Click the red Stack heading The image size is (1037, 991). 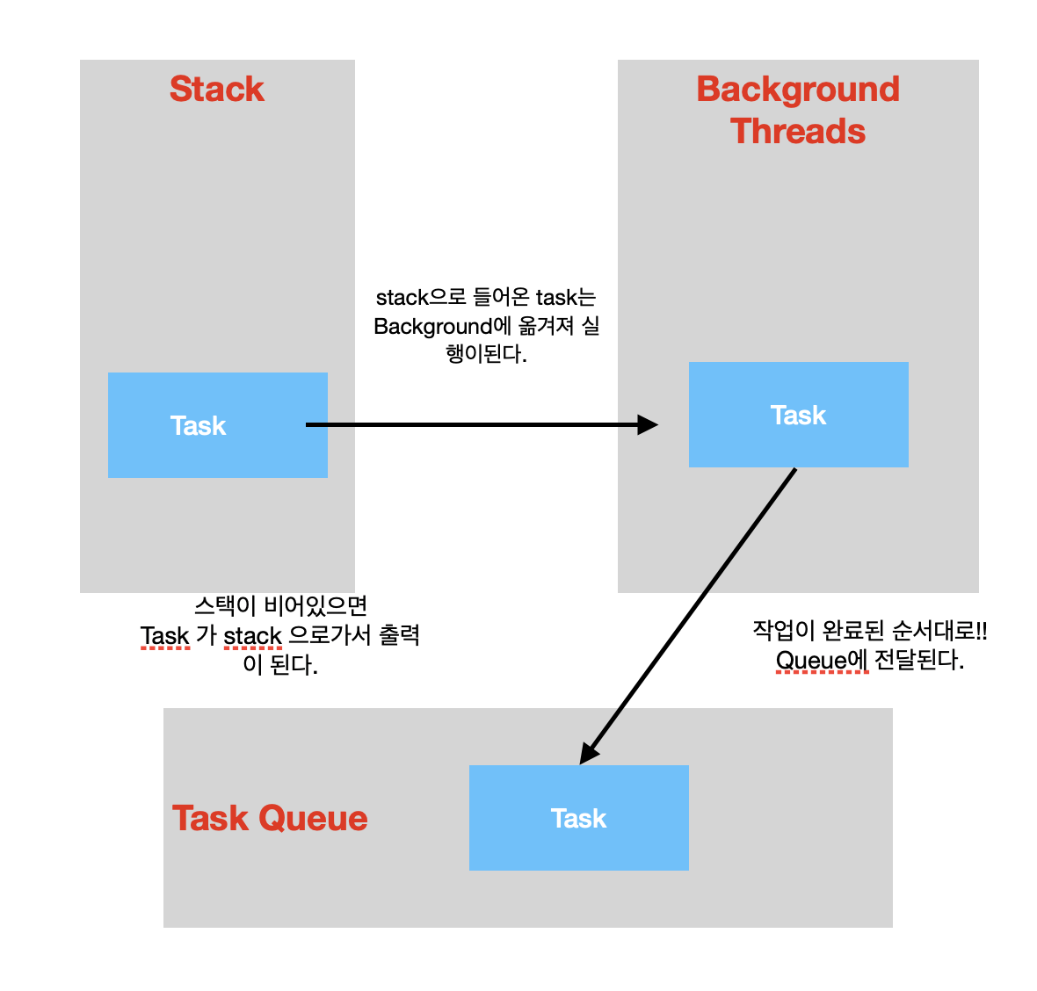(216, 90)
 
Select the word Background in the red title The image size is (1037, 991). (798, 90)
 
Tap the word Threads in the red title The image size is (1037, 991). (798, 132)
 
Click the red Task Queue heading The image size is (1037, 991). (270, 819)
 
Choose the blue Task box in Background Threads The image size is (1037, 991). (798, 415)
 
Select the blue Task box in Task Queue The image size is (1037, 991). (578, 818)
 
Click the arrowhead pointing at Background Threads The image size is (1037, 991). (648, 425)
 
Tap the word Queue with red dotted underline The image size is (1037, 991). (811, 660)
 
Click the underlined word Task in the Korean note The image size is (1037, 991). (164, 635)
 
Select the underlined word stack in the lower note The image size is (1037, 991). (252, 635)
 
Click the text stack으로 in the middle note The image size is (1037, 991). (421, 298)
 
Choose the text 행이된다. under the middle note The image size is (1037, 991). (486, 354)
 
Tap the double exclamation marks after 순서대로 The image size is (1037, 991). (981, 631)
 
